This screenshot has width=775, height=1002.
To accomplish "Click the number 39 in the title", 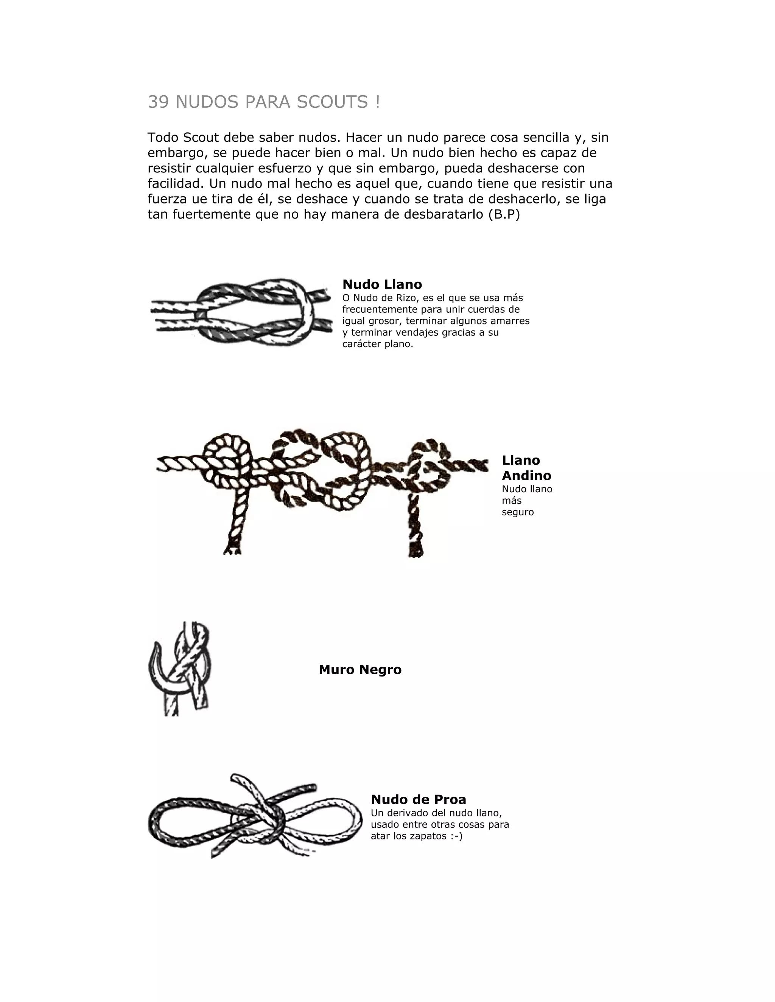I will [x=158, y=102].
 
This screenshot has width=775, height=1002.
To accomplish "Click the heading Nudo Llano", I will [x=382, y=284].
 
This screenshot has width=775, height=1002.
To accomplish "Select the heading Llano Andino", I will [x=526, y=467].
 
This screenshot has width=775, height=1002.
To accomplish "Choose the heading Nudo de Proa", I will [x=418, y=799].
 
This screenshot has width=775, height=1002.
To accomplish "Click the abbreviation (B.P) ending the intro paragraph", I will [x=504, y=214].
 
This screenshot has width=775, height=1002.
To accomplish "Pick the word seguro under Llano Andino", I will [x=517, y=512].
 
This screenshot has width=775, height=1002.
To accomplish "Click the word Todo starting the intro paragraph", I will [x=163, y=137].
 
